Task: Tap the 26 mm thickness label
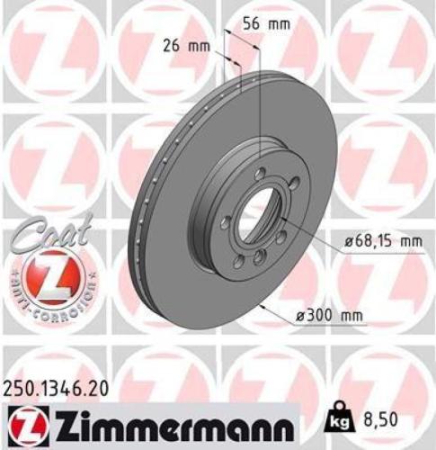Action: click(x=187, y=44)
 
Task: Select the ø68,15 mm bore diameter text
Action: click(x=382, y=240)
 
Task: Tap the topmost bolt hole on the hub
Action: click(x=259, y=174)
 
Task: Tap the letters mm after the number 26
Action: click(x=202, y=44)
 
